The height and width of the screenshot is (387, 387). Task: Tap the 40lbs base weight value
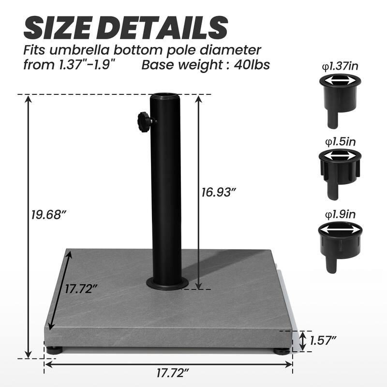click(252, 64)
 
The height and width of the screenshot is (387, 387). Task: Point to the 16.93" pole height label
click(218, 192)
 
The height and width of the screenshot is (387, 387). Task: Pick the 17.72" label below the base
click(173, 372)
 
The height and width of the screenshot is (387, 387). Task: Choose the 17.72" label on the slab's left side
click(82, 290)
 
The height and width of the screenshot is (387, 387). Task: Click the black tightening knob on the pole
click(144, 119)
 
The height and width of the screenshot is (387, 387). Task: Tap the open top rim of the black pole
click(166, 96)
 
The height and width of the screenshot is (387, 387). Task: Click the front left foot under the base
click(55, 349)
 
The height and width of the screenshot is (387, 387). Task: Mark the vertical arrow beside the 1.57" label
click(302, 341)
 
